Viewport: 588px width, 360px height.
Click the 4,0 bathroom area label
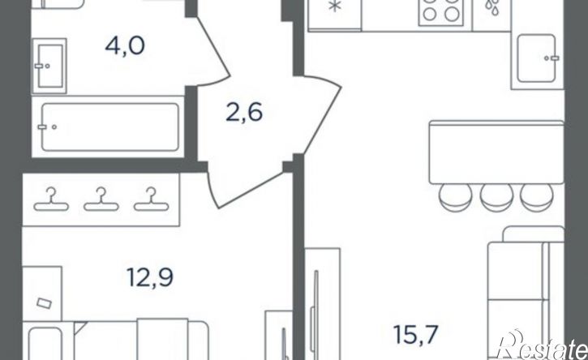pyautogui.click(x=125, y=47)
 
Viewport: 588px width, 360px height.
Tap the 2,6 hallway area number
pyautogui.click(x=244, y=112)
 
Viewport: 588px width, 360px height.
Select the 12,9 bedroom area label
pyautogui.click(x=150, y=278)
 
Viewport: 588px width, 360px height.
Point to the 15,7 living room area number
pyautogui.click(x=416, y=335)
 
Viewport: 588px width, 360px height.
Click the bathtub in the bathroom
pyautogui.click(x=109, y=127)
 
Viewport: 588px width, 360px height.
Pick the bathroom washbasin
pyautogui.click(x=49, y=66)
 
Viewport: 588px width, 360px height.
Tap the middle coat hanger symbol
pyautogui.click(x=101, y=199)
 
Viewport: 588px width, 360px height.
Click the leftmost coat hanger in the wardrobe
pyautogui.click(x=51, y=199)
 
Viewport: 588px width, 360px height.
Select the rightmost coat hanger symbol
pyautogui.click(x=152, y=199)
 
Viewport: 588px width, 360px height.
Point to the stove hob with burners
pyautogui.click(x=440, y=11)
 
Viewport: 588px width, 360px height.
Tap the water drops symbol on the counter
pyautogui.click(x=492, y=6)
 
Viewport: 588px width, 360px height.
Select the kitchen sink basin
pyautogui.click(x=536, y=58)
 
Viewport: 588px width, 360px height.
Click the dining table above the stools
pyautogui.click(x=496, y=152)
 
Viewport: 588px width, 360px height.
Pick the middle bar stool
pyautogui.click(x=496, y=197)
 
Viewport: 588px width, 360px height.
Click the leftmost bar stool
pyautogui.click(x=456, y=197)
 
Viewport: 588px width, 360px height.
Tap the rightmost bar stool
pyautogui.click(x=537, y=197)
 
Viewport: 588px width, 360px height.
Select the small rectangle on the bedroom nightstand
pyautogui.click(x=44, y=303)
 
